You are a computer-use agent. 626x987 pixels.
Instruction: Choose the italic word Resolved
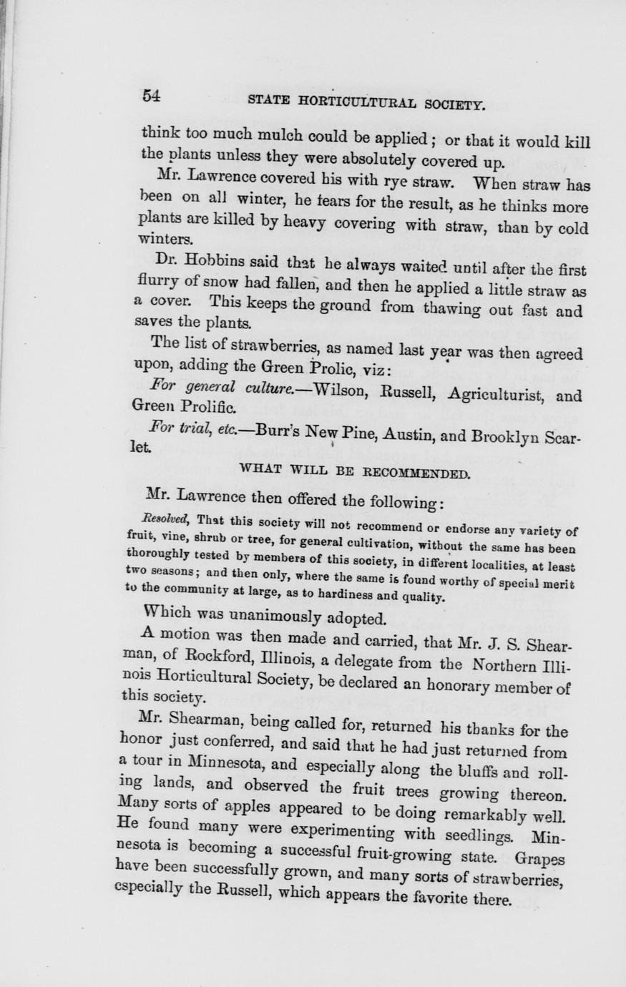(x=165, y=517)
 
